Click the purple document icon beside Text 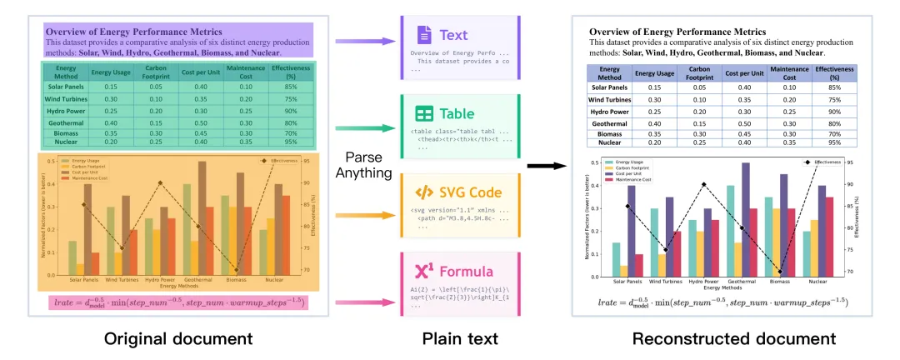click(x=424, y=36)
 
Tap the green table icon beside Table click(x=424, y=115)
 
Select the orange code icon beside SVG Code click(x=424, y=193)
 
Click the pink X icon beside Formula click(x=424, y=271)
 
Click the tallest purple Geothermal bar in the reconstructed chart click(x=745, y=220)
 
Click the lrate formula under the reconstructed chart click(x=722, y=301)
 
